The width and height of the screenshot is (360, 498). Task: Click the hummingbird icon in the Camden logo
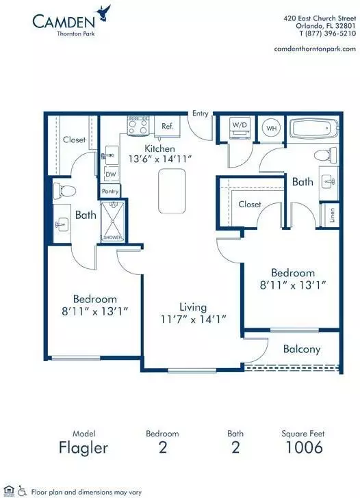click(x=105, y=14)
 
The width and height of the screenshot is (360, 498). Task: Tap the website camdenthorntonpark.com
click(x=315, y=49)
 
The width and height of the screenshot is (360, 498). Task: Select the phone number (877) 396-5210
click(x=330, y=34)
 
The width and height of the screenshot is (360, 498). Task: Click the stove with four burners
click(x=138, y=126)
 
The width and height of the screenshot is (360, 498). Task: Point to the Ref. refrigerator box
click(x=167, y=126)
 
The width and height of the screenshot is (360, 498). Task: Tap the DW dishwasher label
click(x=111, y=174)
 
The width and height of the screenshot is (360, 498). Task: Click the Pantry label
click(x=110, y=192)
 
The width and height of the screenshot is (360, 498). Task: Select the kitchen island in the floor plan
click(x=172, y=191)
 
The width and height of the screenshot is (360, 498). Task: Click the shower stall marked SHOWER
click(x=112, y=222)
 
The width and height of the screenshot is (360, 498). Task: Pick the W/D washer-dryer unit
click(x=240, y=128)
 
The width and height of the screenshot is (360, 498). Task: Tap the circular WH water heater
click(x=271, y=128)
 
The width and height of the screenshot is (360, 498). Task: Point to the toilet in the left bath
click(x=64, y=191)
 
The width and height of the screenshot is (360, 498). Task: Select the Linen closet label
click(x=332, y=215)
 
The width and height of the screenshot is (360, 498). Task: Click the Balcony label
click(x=302, y=350)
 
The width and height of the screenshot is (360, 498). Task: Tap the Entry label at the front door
click(x=200, y=114)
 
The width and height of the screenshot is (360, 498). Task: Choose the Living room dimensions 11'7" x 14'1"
click(x=193, y=319)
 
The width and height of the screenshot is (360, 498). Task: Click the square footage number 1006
click(x=304, y=447)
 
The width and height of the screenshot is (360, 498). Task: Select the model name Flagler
click(x=83, y=448)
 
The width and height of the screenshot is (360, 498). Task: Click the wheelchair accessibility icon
click(x=22, y=490)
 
